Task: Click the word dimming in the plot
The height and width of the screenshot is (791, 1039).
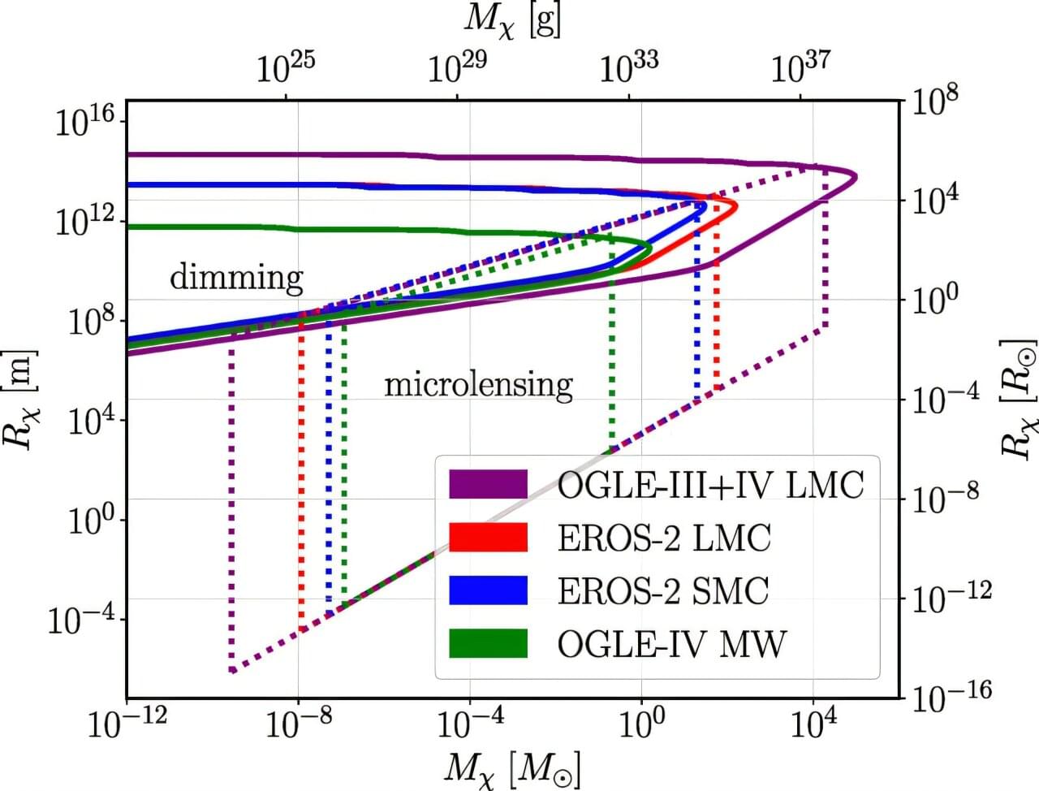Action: tap(236, 278)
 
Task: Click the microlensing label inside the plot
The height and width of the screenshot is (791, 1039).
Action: tap(478, 383)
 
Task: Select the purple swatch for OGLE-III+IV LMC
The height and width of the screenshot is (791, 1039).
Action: tap(488, 485)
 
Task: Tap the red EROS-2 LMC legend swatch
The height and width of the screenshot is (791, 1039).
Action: tap(488, 538)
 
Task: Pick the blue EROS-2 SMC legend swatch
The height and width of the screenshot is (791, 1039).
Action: tap(488, 590)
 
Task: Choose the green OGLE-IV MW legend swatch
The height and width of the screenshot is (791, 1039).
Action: tap(488, 643)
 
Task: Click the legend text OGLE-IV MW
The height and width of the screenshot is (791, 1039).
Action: tap(671, 644)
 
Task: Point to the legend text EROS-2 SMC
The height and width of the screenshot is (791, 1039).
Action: tap(662, 591)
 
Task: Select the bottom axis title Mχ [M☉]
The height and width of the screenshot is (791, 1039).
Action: tap(512, 767)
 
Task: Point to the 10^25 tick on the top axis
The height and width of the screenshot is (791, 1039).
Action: tap(286, 68)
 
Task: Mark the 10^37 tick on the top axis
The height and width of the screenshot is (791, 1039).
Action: tap(800, 68)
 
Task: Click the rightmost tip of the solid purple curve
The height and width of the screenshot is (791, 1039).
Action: tap(856, 177)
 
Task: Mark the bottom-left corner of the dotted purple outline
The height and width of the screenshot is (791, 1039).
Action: tap(232, 671)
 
